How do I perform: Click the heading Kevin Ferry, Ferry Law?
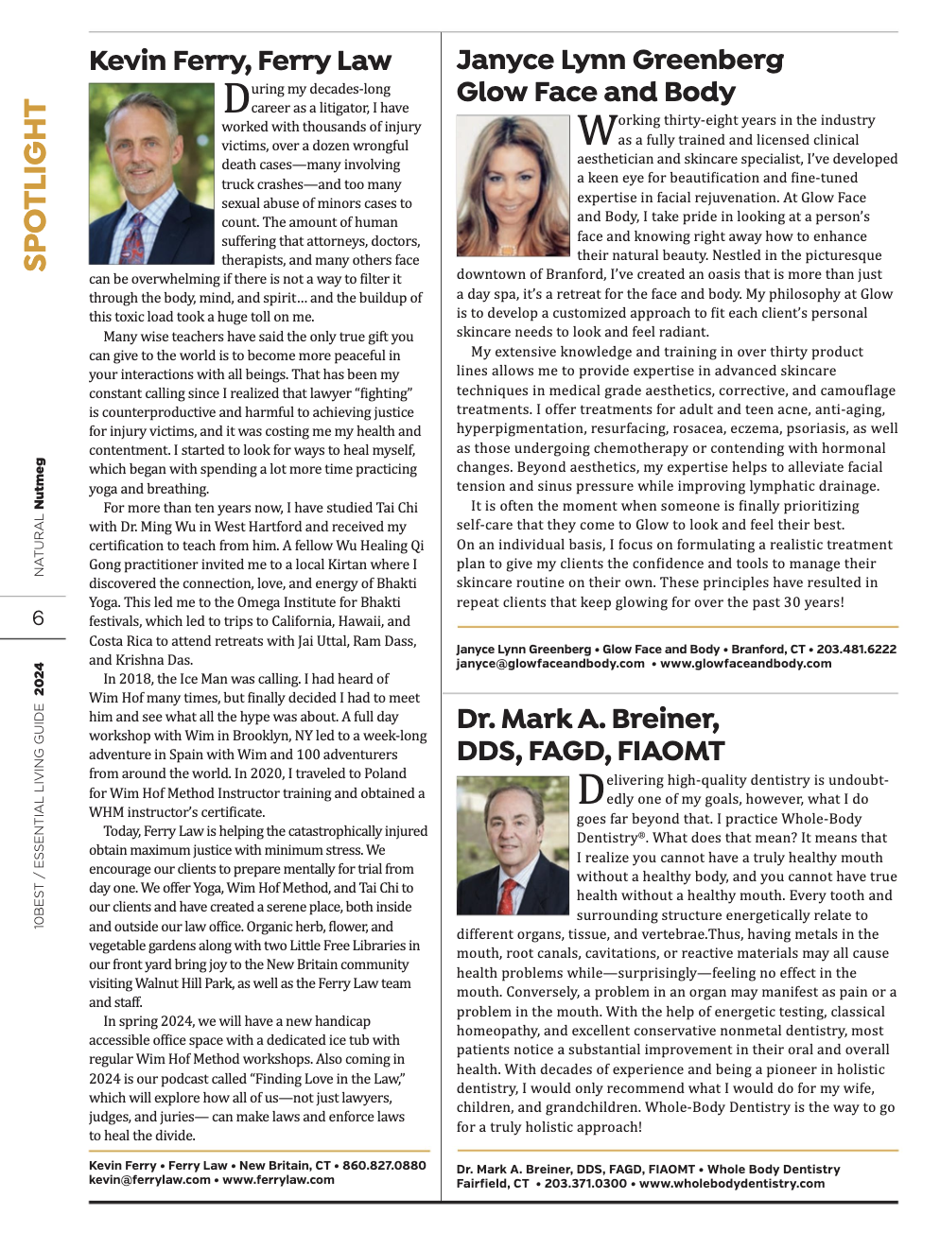pyautogui.click(x=239, y=61)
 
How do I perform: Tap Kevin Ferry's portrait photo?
pyautogui.click(x=151, y=174)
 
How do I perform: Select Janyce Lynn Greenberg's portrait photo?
pyautogui.click(x=513, y=186)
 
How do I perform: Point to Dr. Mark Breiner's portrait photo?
pyautogui.click(x=513, y=844)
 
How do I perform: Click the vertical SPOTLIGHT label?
pyautogui.click(x=35, y=185)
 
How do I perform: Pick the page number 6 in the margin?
pyautogui.click(x=38, y=618)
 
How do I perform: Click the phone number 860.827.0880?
pyautogui.click(x=384, y=1166)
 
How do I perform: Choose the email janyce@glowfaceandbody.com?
pyautogui.click(x=550, y=664)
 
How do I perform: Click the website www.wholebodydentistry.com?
pyautogui.click(x=732, y=1184)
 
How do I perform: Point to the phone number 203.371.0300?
pyautogui.click(x=585, y=1184)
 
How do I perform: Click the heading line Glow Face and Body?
pyautogui.click(x=596, y=93)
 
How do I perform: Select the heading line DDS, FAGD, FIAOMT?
pyautogui.click(x=590, y=752)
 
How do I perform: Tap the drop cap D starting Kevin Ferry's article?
pyautogui.click(x=235, y=98)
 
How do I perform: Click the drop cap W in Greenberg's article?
pyautogui.click(x=596, y=130)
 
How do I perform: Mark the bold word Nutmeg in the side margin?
pyautogui.click(x=39, y=484)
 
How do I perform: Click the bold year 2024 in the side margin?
pyautogui.click(x=39, y=679)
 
